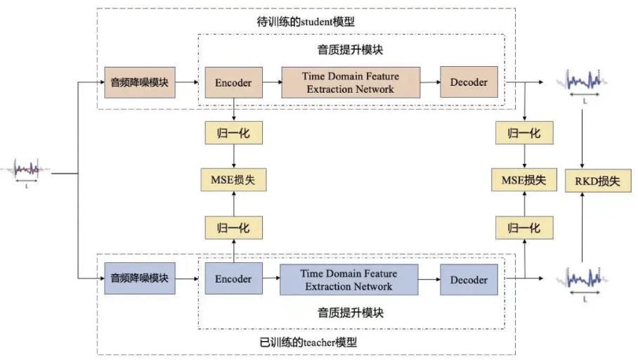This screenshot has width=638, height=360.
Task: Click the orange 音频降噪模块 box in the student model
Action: [x=139, y=82]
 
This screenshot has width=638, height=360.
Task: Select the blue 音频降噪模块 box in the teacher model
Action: [x=139, y=278]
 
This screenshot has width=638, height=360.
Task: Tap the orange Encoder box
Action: [x=233, y=82]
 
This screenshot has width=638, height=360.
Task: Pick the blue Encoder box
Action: [x=233, y=279]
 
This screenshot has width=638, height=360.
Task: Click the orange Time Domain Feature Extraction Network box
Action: [x=351, y=82]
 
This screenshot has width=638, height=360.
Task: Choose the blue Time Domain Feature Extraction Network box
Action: [x=349, y=279]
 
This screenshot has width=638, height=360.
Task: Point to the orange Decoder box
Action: [x=469, y=82]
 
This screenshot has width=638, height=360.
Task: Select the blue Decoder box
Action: [x=469, y=280]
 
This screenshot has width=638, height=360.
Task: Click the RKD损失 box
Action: [x=597, y=181]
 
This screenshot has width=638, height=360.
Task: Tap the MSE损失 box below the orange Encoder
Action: [x=233, y=180]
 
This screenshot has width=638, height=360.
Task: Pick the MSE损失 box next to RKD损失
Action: [x=523, y=180]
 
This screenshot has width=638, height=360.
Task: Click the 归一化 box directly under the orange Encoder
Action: [x=233, y=133]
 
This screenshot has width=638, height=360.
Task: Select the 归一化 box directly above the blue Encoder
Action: [x=233, y=228]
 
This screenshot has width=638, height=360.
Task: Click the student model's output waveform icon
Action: [x=582, y=82]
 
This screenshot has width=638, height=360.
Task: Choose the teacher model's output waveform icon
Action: [x=582, y=279]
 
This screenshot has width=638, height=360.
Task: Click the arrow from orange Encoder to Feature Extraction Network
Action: [x=271, y=82]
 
